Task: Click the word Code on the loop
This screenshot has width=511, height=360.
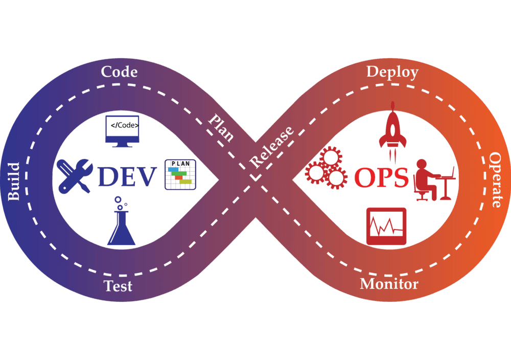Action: pyautogui.click(x=119, y=72)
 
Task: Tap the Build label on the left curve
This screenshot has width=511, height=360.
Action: pyautogui.click(x=14, y=182)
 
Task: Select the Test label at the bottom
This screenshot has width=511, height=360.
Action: pyautogui.click(x=118, y=285)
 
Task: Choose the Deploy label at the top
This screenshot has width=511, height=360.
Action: pyautogui.click(x=392, y=72)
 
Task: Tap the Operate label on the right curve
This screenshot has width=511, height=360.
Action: pyautogui.click(x=495, y=179)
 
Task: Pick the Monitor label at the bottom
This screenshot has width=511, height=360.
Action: pyautogui.click(x=389, y=283)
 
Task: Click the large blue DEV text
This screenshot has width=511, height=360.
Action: pyautogui.click(x=127, y=177)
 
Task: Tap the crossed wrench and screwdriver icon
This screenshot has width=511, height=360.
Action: pyautogui.click(x=75, y=176)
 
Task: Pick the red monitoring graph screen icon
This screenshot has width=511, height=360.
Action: pyautogui.click(x=386, y=226)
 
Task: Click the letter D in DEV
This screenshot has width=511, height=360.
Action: pyautogui.click(x=108, y=177)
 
